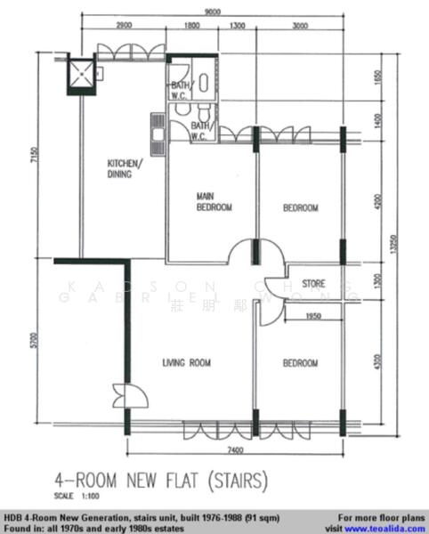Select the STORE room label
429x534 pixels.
coord(313,285)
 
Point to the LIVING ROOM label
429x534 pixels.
coord(186,362)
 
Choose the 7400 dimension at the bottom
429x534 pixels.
coord(235,452)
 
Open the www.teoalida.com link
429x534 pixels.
coord(390,527)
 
